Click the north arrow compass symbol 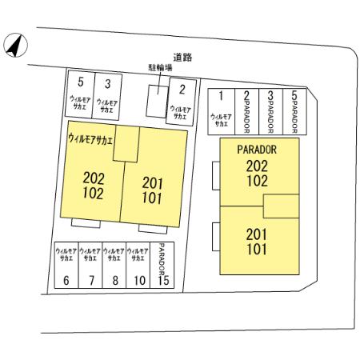pos(15,45)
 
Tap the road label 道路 pos(182,57)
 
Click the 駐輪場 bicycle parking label pos(160,67)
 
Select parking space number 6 pos(66,265)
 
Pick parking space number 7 pos(90,265)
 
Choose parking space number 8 pos(114,265)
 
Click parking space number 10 pos(138,265)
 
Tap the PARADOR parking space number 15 pos(162,265)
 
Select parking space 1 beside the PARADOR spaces pos(222,112)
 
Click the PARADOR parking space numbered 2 pos(247,112)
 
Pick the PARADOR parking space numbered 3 pos(270,112)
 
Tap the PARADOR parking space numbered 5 pos(294,112)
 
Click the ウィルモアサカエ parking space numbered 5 pos(80,94)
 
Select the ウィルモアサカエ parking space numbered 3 pos(107,96)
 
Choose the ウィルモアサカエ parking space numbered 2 pos(182,102)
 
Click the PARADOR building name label pos(257,150)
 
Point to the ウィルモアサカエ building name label pos(90,139)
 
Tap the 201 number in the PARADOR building pos(257,234)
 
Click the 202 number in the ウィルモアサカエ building pos(94,178)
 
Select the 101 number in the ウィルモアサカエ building pos(152,198)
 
